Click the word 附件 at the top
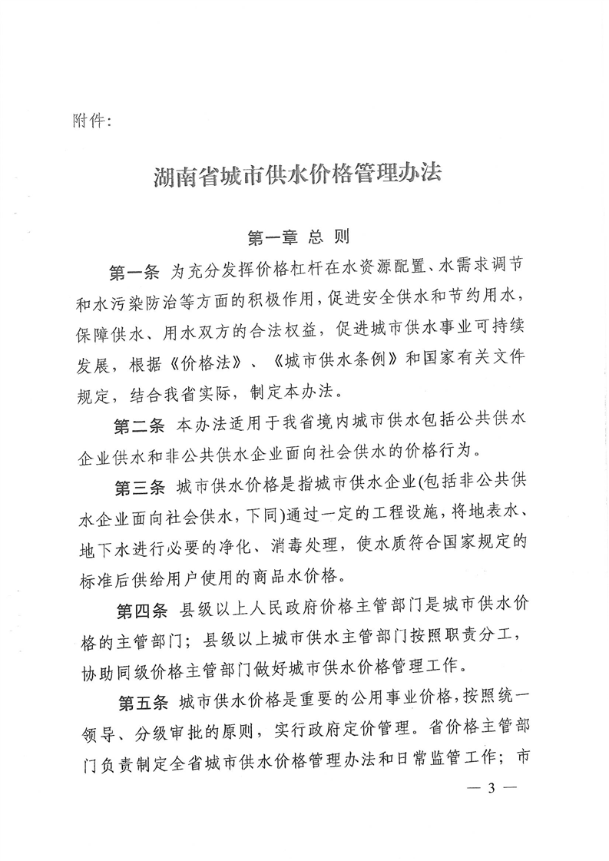(90, 121)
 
